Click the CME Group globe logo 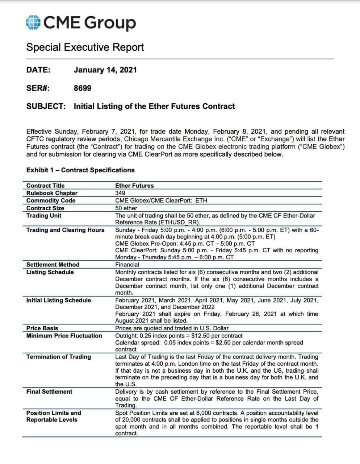pyautogui.click(x=33, y=22)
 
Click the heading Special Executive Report pyautogui.click(x=85, y=47)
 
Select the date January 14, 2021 pyautogui.click(x=105, y=70)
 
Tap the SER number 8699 pyautogui.click(x=83, y=88)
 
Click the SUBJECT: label pyautogui.click(x=46, y=106)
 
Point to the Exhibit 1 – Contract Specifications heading pyautogui.click(x=80, y=170)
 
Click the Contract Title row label pyautogui.click(x=45, y=186)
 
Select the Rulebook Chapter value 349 pyautogui.click(x=120, y=193)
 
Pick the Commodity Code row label pyautogui.click(x=51, y=200)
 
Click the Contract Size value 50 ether pyautogui.click(x=126, y=208)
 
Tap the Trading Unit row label pyautogui.click(x=44, y=216)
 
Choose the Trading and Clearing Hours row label pyautogui.click(x=65, y=230)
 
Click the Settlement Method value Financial pyautogui.click(x=127, y=265)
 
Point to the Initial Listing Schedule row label pyautogui.click(x=59, y=300)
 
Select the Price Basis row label pyautogui.click(x=42, y=328)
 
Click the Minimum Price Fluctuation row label pyautogui.click(x=64, y=336)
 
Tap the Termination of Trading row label pyautogui.click(x=59, y=357)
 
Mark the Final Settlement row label pyautogui.click(x=49, y=391)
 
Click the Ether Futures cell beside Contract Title pyautogui.click(x=134, y=186)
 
